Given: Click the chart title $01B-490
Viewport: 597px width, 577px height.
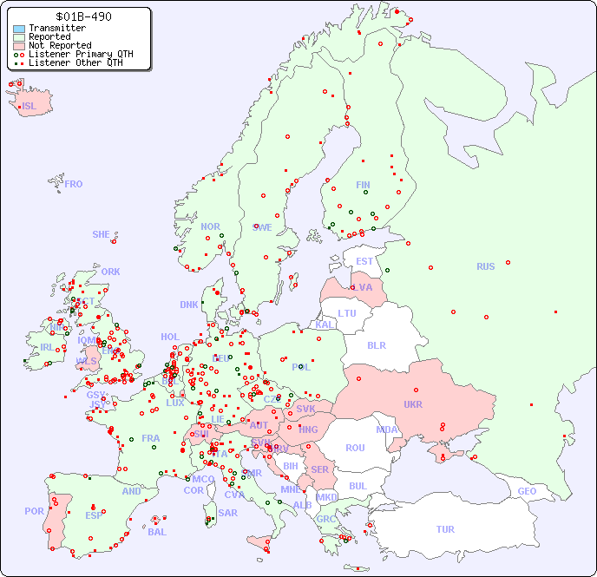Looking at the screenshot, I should pos(83,16).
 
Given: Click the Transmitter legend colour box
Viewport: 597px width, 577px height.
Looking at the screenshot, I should pos(19,29).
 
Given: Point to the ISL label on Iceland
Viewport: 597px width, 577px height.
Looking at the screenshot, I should pos(30,107).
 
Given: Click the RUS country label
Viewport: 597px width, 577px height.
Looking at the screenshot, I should pos(485,266).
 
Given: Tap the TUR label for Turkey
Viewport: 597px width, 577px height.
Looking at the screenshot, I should pos(445,529).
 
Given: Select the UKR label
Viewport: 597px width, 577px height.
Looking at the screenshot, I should pos(413,404).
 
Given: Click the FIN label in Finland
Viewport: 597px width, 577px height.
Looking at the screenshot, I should pos(363,185).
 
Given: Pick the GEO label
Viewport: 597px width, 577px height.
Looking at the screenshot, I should pos(527,491).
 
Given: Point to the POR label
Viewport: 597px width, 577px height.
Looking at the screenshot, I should pos(34,511).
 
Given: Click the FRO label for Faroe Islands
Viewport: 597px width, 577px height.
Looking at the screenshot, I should pos(74,184).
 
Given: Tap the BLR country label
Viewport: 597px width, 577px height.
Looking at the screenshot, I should pos(377,344).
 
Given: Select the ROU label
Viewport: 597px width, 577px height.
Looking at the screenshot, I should pos(355,448).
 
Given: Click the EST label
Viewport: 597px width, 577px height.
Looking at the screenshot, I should pos(364,261).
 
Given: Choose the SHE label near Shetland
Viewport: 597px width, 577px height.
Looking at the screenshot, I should pos(102,234).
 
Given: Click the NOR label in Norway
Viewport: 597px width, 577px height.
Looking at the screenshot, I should pos(210,226).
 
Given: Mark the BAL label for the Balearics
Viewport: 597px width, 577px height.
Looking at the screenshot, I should pos(157,532).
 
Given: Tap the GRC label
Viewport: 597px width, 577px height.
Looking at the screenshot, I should pos(326,520).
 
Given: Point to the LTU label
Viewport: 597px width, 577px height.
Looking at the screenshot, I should pos(347,313).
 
